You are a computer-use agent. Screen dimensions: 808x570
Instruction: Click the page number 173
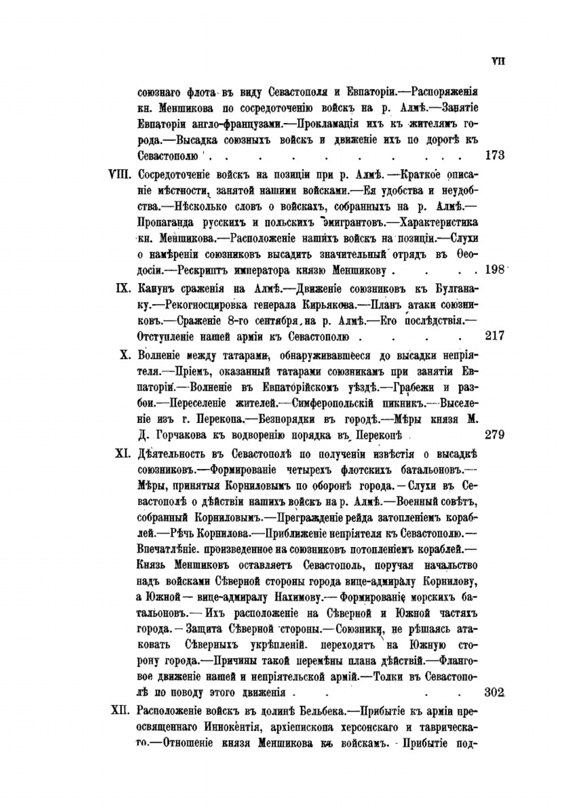coord(494,155)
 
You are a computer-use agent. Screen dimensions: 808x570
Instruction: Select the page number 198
coord(494,269)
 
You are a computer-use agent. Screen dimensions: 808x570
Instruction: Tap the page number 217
coord(494,336)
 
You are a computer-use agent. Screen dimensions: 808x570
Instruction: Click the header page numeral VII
coord(498,62)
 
